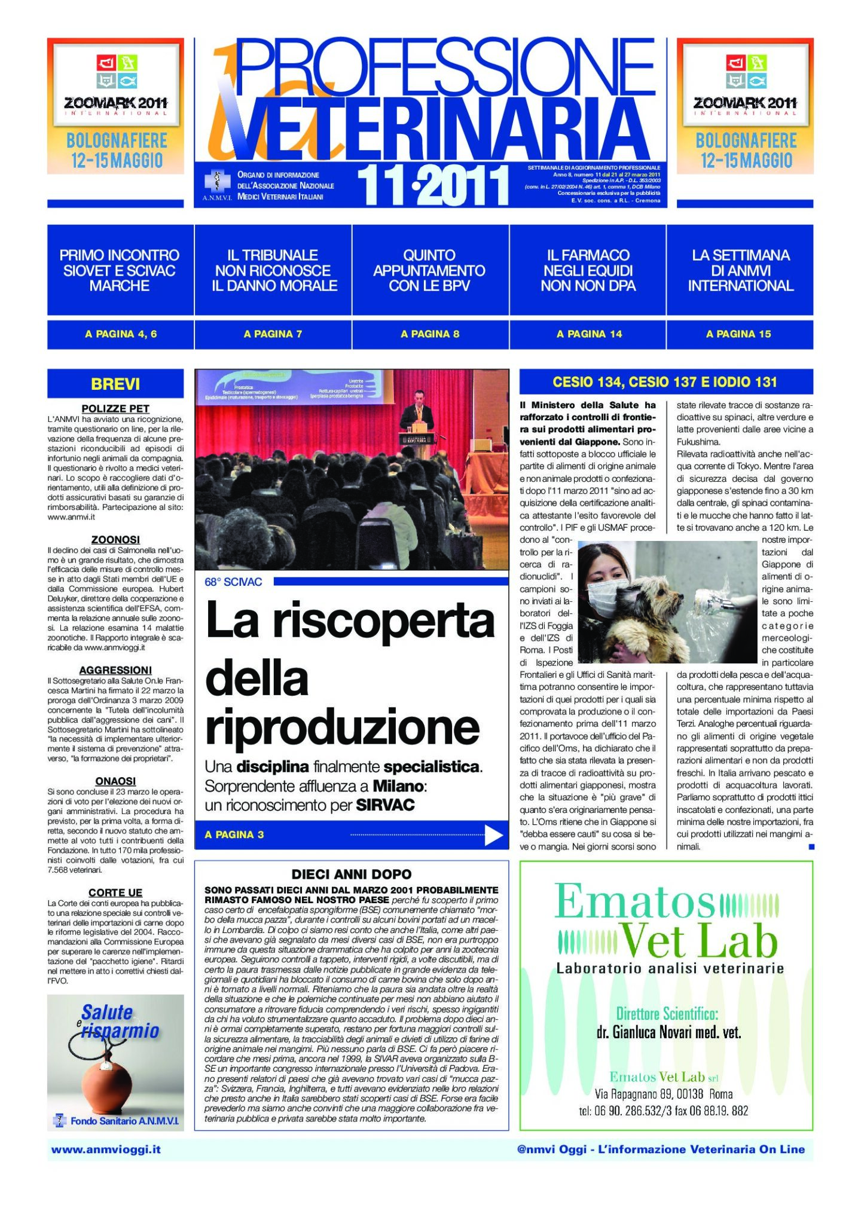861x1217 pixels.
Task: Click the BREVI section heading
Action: pyautogui.click(x=115, y=384)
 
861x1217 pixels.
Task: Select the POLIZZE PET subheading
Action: pyautogui.click(x=115, y=409)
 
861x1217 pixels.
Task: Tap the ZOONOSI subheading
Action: pyautogui.click(x=115, y=540)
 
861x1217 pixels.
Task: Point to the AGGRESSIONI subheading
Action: pyautogui.click(x=115, y=670)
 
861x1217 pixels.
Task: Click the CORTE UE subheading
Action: pyautogui.click(x=115, y=892)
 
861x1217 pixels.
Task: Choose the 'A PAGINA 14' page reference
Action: pyautogui.click(x=589, y=334)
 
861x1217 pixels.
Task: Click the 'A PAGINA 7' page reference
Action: pyautogui.click(x=273, y=334)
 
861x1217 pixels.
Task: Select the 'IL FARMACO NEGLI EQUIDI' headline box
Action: pyautogui.click(x=588, y=270)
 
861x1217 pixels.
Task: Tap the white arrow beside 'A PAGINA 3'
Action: pyautogui.click(x=493, y=835)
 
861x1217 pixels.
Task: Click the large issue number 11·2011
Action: pyautogui.click(x=433, y=185)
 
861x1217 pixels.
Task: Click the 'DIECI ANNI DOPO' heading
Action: pyautogui.click(x=352, y=874)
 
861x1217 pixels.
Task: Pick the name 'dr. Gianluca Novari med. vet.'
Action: pyautogui.click(x=668, y=1032)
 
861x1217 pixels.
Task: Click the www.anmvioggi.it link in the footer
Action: pyautogui.click(x=106, y=1149)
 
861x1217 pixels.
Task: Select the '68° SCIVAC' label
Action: pyautogui.click(x=233, y=582)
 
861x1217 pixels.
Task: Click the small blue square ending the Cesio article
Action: pyautogui.click(x=811, y=846)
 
